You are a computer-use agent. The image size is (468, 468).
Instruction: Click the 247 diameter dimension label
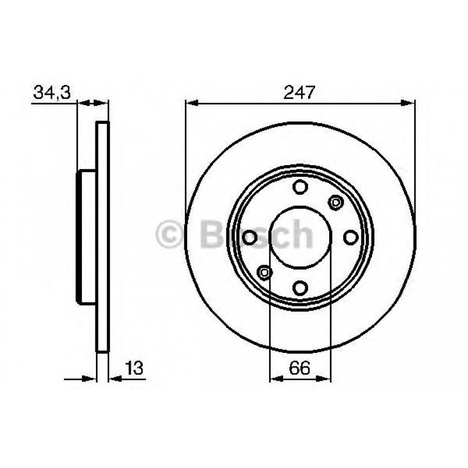point(301,92)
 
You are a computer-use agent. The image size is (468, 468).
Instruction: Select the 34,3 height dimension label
point(52,92)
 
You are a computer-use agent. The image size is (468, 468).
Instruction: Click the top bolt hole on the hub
point(300,187)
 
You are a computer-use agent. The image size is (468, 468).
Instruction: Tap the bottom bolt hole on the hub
point(300,287)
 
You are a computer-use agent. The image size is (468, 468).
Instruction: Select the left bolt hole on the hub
point(250,237)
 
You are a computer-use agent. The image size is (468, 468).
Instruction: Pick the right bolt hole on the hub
point(351,237)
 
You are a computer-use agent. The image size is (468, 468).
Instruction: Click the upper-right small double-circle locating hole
point(335,202)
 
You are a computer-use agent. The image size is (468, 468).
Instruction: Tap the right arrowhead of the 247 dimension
point(408,103)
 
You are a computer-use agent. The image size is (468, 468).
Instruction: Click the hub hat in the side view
point(87,237)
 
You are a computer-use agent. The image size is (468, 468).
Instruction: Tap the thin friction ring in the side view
point(102,237)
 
